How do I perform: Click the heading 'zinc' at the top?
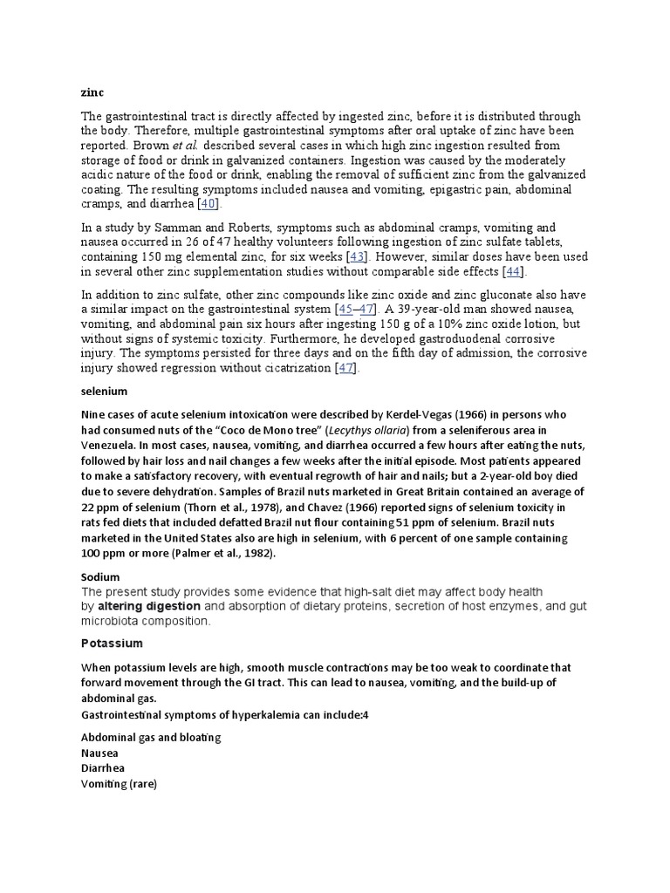(92, 92)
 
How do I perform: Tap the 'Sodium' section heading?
(100, 577)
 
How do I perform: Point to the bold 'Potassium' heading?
(112, 644)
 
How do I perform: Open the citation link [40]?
(209, 204)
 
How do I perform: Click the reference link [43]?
(358, 257)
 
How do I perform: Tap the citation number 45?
(347, 310)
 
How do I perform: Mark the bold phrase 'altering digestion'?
(149, 606)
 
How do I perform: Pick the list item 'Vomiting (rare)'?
(119, 784)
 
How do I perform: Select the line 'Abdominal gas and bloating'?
(150, 738)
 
